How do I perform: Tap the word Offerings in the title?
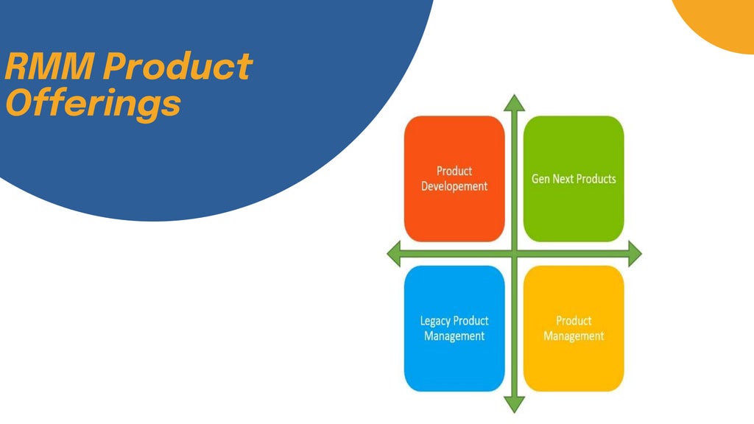[93, 103]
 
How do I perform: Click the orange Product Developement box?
[454, 178]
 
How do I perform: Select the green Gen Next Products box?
[574, 178]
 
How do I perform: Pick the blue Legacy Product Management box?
[454, 328]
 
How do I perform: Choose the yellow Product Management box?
[574, 328]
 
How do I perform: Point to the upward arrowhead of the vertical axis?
[514, 103]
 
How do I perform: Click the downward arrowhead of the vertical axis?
[514, 404]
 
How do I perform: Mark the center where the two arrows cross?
[514, 255]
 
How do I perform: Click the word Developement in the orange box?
[454, 186]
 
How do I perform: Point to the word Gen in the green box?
[540, 179]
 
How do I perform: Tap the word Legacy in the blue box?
[435, 321]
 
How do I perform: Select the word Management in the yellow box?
[574, 336]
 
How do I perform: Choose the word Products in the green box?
[596, 179]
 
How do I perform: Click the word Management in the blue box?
[454, 336]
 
